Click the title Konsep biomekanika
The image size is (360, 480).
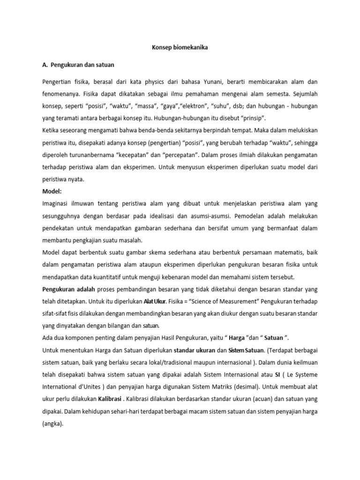(x=180, y=48)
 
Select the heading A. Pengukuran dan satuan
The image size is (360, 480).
(x=78, y=64)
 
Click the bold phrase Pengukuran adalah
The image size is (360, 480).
(x=69, y=289)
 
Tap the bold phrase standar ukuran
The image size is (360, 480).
(x=196, y=350)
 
